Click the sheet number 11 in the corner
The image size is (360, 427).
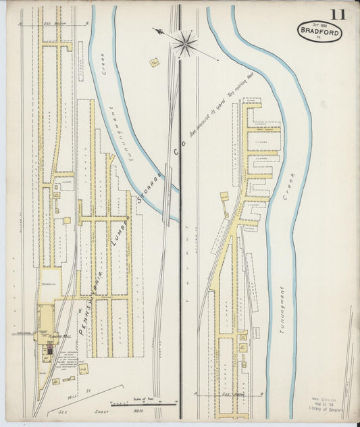(338, 14)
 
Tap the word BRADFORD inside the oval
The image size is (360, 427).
(319, 31)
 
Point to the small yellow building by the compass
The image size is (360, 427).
(154, 64)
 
